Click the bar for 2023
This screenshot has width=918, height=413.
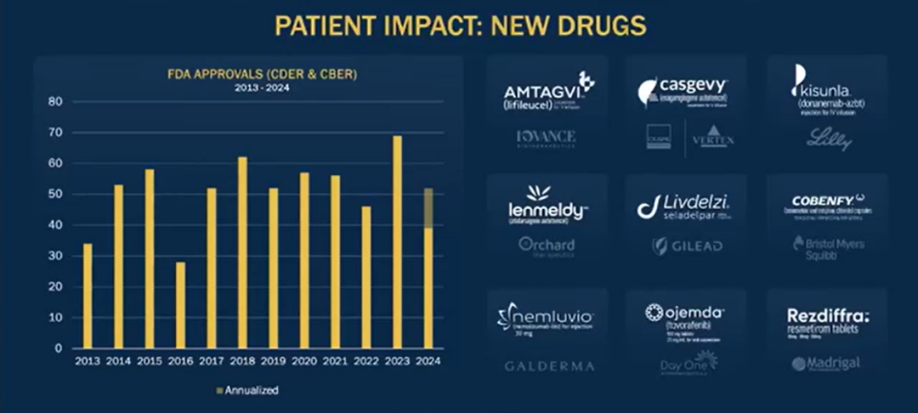click(397, 242)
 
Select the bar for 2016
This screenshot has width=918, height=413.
click(180, 305)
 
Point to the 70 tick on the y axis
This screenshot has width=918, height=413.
click(56, 133)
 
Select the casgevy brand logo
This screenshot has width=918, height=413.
click(685, 88)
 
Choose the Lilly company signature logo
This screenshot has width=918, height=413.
click(828, 139)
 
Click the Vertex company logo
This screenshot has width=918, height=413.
click(712, 139)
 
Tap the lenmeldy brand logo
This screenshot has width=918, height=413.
click(547, 204)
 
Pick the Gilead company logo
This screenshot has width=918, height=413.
click(687, 246)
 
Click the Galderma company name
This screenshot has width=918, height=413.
click(549, 366)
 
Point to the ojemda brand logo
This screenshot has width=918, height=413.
click(685, 316)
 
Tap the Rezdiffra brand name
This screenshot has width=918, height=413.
click(827, 315)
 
